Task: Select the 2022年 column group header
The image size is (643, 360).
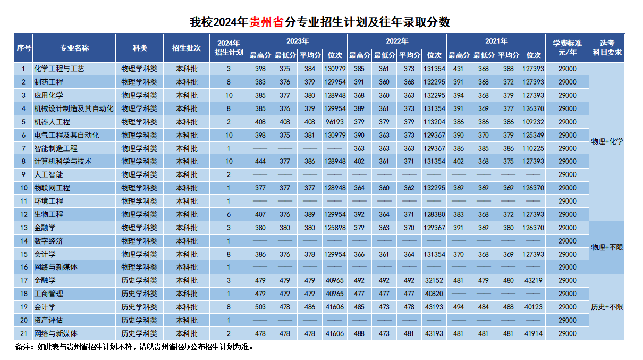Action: [x=397, y=41]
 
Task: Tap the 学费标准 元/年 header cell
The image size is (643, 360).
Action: [x=568, y=47]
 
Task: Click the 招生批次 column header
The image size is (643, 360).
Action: [x=187, y=47]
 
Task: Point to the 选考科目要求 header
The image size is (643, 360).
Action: [x=607, y=47]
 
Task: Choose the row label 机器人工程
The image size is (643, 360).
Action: [x=52, y=122]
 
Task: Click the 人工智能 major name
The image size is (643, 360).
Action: [x=48, y=174]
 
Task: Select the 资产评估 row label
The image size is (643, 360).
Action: [x=48, y=320]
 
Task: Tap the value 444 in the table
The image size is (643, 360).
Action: [x=260, y=161]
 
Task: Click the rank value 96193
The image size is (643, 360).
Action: [x=335, y=122]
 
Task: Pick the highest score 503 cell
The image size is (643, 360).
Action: [x=260, y=307]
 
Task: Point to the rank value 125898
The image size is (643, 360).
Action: [x=335, y=228]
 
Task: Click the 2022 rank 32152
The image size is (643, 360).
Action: [x=434, y=280]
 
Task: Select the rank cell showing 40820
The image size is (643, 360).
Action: [x=434, y=294]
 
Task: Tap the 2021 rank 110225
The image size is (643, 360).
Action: [x=533, y=148]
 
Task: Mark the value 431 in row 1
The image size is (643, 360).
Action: [x=459, y=69]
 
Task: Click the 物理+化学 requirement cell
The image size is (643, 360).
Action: [x=607, y=141]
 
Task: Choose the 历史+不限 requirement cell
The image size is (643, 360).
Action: [x=607, y=307]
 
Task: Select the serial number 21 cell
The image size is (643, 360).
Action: [x=23, y=333]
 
